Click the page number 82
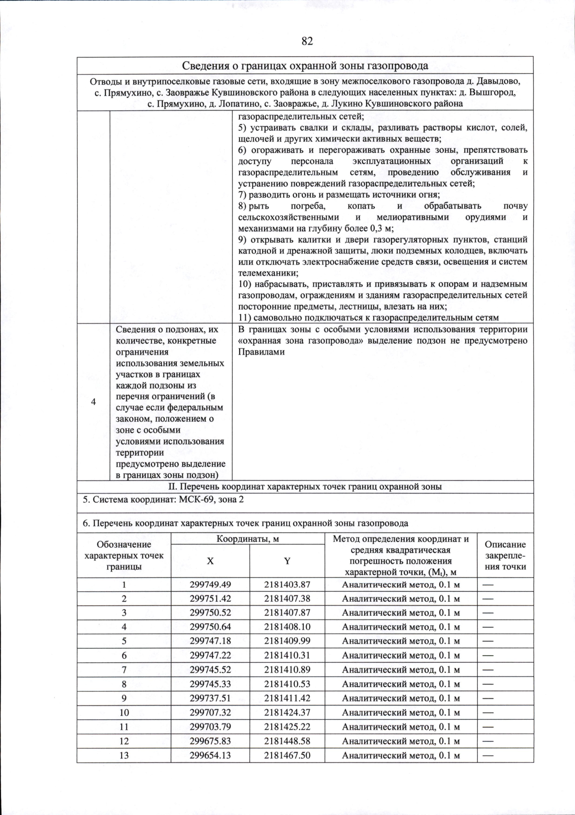point(307,41)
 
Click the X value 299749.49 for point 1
point(210,584)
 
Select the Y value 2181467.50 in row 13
point(287,755)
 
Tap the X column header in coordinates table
point(210,561)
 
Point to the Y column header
point(287,561)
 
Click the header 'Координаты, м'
point(248,539)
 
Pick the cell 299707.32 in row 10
point(210,712)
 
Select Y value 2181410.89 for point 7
point(287,670)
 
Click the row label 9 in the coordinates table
point(124,698)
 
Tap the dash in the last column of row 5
point(488,641)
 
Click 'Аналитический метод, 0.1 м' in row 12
point(401,741)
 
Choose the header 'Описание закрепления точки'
point(505,556)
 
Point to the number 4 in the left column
point(93,402)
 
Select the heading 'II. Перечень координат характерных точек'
point(305,487)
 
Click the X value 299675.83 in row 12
point(210,741)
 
